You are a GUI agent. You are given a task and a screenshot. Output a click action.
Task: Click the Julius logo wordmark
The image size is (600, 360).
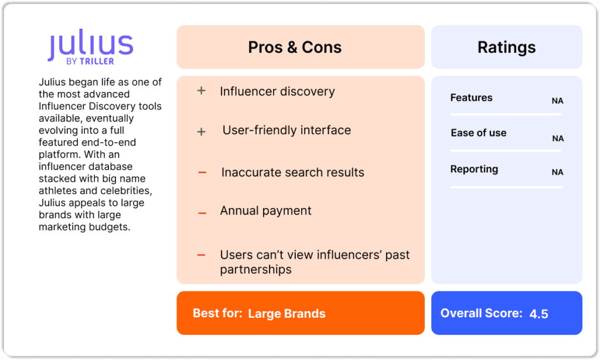click(90, 45)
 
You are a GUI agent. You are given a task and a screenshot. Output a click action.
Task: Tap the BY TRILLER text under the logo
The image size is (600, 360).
click(90, 61)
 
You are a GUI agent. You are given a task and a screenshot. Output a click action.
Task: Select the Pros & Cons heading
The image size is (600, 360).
click(295, 47)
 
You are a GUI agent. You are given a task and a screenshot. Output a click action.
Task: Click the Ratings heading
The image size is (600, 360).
click(506, 47)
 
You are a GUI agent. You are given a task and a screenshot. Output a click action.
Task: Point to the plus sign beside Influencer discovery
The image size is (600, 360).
click(201, 91)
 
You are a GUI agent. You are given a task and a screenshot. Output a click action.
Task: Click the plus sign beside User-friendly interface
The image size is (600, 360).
click(201, 131)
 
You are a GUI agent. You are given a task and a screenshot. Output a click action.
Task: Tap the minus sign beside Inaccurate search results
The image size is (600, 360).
click(202, 172)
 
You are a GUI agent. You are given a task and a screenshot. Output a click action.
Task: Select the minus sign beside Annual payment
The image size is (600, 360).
click(202, 213)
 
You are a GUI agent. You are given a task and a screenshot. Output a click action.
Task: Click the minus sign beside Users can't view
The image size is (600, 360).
click(202, 255)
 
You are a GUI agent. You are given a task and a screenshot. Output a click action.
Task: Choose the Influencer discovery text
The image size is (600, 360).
click(277, 91)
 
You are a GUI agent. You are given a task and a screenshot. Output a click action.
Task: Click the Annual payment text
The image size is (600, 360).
click(265, 211)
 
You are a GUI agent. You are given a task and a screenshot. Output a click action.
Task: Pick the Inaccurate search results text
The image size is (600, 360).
click(292, 172)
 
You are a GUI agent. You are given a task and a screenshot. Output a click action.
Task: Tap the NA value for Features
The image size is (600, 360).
click(557, 101)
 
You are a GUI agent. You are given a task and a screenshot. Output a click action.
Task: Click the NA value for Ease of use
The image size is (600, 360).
click(558, 138)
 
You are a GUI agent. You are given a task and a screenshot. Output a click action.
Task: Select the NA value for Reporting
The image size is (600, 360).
click(557, 172)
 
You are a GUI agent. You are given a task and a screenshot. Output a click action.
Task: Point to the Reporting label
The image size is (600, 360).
click(474, 169)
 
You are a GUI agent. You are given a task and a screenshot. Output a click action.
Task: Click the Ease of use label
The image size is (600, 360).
click(478, 133)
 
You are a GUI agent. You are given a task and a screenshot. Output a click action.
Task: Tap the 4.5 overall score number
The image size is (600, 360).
click(538, 314)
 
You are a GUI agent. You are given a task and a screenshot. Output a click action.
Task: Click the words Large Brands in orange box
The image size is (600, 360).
click(287, 314)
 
